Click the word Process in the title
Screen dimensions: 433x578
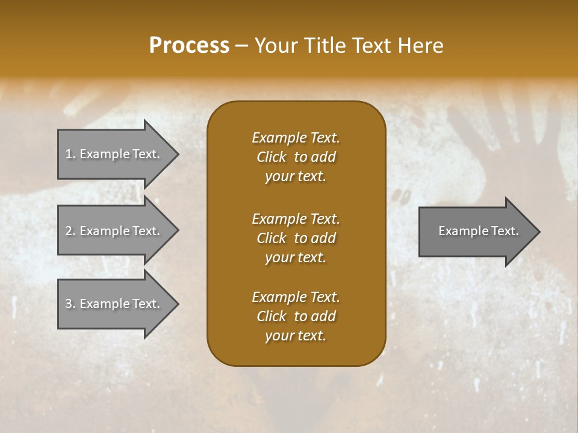tap(189, 46)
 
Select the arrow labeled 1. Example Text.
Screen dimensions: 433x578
tap(114, 154)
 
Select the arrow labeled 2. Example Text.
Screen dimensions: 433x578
tap(114, 231)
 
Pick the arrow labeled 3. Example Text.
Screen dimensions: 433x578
tap(114, 304)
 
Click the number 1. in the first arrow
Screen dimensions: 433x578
tap(70, 154)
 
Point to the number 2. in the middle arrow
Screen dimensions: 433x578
tap(70, 231)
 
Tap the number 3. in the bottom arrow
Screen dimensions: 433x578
tap(70, 304)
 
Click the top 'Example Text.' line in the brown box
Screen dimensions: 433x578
tap(296, 138)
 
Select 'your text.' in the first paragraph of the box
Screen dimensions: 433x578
tap(296, 176)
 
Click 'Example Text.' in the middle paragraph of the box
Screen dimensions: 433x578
tap(296, 218)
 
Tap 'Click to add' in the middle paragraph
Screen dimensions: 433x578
tap(296, 238)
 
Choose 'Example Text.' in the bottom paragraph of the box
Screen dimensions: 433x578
tap(296, 297)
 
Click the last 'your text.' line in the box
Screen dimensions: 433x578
tap(296, 336)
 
